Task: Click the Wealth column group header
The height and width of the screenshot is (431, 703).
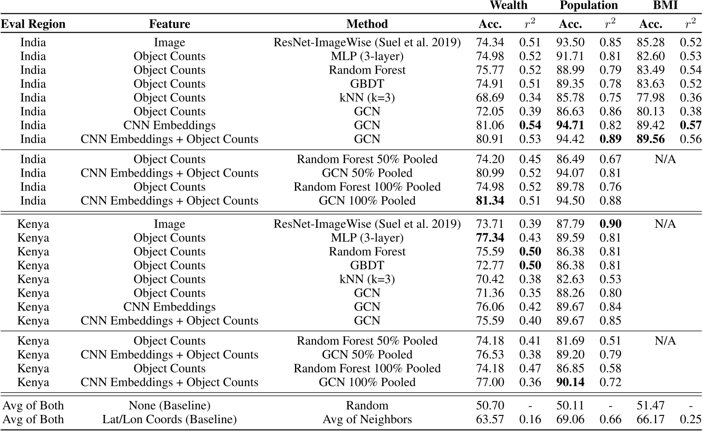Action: pos(508,6)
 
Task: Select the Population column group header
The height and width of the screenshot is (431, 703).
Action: pos(588,6)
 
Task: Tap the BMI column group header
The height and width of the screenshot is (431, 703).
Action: pos(665,6)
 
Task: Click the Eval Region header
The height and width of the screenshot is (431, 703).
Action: pos(33,24)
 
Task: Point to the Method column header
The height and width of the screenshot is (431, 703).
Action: pos(367,24)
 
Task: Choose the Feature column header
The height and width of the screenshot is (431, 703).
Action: pos(169,24)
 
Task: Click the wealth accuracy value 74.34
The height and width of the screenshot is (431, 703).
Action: pos(490,42)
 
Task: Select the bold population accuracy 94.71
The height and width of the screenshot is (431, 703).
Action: pos(570,125)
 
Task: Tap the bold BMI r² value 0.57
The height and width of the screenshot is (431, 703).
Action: pos(690,125)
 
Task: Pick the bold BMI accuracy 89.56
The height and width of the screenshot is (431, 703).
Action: pos(650,139)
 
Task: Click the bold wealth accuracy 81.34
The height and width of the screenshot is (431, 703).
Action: pos(490,201)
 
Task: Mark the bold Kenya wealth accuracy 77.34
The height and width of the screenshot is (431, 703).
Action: pos(490,238)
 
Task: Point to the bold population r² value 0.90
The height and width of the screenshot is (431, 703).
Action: pos(610,224)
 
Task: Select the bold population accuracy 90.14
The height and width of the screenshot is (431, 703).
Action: pos(570,382)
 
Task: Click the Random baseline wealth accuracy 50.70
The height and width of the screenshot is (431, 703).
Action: pos(490,405)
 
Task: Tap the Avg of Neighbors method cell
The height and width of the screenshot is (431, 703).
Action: pos(367,419)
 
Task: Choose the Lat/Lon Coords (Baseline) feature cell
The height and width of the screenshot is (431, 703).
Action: pos(169,419)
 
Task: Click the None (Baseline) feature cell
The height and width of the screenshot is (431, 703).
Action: pos(169,405)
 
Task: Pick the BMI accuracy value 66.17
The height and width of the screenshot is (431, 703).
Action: pos(650,419)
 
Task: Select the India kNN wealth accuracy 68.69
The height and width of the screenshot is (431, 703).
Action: pos(490,98)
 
